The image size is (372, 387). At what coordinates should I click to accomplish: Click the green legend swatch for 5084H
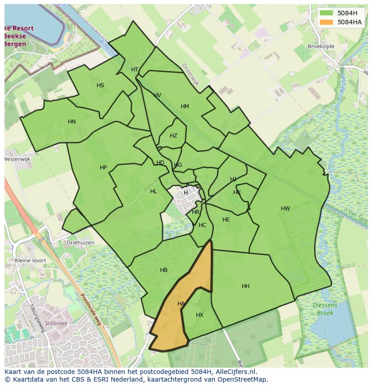coord(327,13)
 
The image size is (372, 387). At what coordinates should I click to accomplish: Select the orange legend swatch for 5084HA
coord(327,22)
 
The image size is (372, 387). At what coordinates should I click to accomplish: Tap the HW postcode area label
coord(285,208)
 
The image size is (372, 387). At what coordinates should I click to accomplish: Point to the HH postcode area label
coord(245,286)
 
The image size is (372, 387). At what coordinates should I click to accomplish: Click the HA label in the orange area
coord(181,304)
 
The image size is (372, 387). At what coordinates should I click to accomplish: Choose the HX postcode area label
coord(199,315)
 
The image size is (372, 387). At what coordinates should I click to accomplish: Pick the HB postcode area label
coord(164,270)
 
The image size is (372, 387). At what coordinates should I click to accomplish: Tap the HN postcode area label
coord(72,122)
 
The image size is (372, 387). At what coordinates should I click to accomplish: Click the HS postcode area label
coord(100,85)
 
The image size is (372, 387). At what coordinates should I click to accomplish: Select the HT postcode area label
coord(135,70)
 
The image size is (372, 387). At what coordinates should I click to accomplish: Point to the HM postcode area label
coord(185,107)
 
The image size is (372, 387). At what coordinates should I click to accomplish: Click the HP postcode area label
coord(103,168)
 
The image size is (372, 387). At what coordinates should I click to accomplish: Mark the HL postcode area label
coord(154,191)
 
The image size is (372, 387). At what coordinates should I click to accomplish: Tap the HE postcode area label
coord(226,220)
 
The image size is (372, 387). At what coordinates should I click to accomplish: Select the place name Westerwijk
coord(17,159)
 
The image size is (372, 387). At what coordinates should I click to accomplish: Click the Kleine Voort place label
coord(31,260)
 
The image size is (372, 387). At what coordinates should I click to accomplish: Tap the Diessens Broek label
coord(325,309)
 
